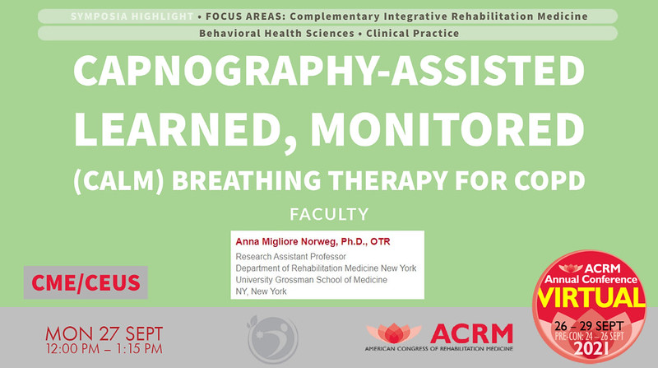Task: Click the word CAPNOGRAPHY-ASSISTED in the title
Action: [x=328, y=77]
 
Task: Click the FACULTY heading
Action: [x=328, y=215]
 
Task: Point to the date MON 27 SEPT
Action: [x=104, y=333]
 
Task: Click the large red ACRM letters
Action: [x=471, y=332]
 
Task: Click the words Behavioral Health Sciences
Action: [x=264, y=33]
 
